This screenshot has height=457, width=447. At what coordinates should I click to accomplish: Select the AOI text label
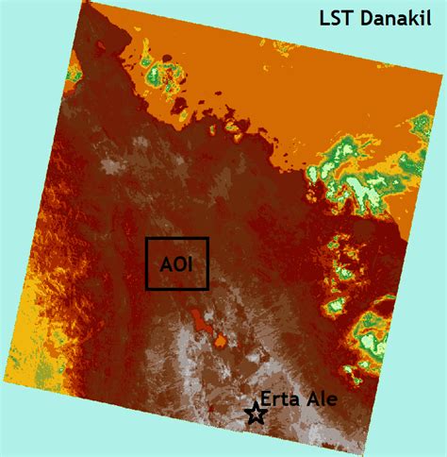(x=176, y=263)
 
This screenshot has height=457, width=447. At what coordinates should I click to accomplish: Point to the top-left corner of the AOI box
(x=147, y=238)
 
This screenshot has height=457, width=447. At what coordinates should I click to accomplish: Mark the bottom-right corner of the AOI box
(x=207, y=288)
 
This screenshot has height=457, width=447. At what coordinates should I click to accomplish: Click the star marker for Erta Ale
(x=255, y=413)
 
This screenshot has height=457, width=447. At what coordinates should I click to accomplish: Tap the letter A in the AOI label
(x=165, y=263)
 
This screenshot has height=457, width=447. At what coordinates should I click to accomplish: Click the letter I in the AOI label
(x=189, y=263)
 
